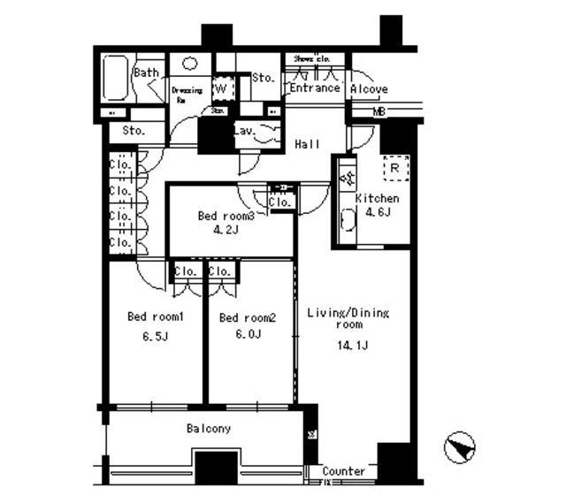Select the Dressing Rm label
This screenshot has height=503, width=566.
[x=186, y=93]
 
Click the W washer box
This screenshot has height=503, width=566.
[x=222, y=88]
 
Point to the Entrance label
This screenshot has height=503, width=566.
[x=314, y=88]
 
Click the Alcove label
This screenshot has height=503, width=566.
[x=368, y=89]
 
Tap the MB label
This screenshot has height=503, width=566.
[x=379, y=112]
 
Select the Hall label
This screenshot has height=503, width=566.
[x=307, y=144]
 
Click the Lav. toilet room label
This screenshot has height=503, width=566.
[x=245, y=132]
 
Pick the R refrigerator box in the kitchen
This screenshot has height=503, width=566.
[x=394, y=165]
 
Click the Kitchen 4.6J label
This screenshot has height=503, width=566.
[x=378, y=205]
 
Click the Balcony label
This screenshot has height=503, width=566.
[x=209, y=429]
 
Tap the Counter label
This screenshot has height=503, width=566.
[x=343, y=471]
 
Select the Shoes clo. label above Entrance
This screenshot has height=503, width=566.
[x=305, y=58]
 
